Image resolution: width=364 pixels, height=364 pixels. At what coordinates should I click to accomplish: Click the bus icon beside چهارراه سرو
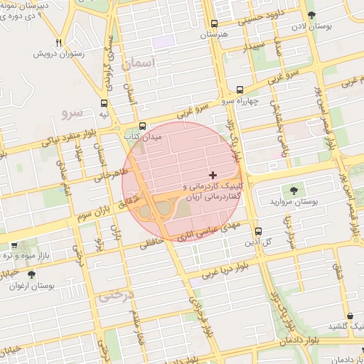(x=240, y=90)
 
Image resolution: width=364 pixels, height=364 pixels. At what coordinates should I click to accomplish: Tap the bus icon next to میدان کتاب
(x=142, y=125)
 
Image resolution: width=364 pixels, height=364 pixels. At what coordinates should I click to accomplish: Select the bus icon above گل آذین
(x=257, y=231)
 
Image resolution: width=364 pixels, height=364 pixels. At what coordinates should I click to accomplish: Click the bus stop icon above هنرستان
(x=215, y=23)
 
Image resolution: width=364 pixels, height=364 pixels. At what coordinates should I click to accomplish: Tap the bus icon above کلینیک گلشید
(x=350, y=316)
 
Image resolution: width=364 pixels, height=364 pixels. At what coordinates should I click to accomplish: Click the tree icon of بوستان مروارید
(x=293, y=191)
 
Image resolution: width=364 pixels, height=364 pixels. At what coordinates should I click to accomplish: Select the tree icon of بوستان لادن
(x=311, y=15)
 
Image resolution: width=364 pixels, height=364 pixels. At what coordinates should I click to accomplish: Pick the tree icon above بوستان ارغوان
(x=31, y=274)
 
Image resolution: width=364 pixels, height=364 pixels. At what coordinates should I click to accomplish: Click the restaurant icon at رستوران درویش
(x=59, y=43)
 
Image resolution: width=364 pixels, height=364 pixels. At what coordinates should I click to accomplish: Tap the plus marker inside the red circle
(x=213, y=175)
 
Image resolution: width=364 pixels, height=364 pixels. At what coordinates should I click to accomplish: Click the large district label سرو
(x=73, y=112)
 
